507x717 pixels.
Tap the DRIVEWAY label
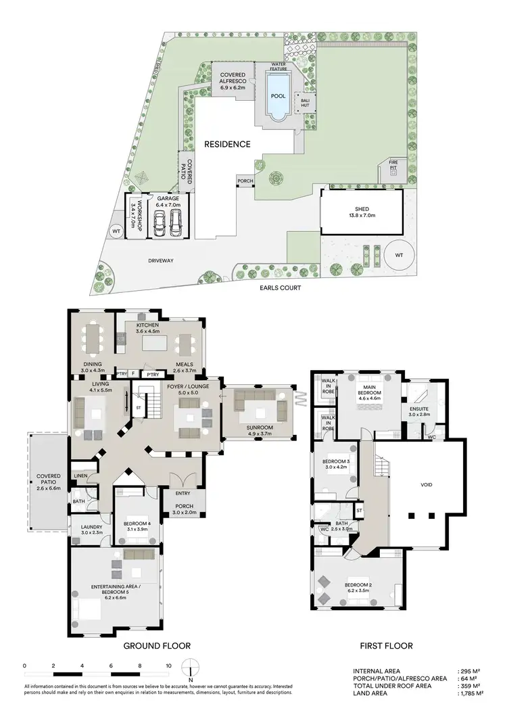(x=162, y=260)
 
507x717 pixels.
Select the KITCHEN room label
(x=147, y=325)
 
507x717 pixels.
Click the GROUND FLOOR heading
(x=156, y=646)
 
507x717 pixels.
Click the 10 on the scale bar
(x=169, y=666)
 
